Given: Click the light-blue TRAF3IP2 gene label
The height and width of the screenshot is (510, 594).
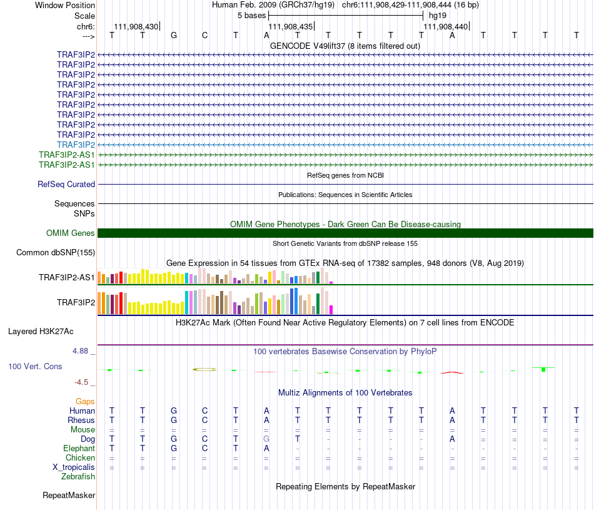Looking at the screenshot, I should [x=76, y=145].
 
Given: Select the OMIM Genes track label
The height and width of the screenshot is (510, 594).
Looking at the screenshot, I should [x=71, y=233].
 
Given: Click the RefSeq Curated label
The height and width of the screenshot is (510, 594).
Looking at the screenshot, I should [x=66, y=185].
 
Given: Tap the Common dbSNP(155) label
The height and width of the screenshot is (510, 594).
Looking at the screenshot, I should [x=56, y=253].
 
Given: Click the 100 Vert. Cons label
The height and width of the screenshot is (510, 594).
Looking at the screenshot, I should [x=35, y=366].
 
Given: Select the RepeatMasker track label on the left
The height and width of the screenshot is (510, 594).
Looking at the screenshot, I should [x=69, y=496].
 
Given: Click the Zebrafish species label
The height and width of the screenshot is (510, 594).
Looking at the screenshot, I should [x=78, y=477].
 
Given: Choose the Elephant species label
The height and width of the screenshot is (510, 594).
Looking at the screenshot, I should [x=79, y=449].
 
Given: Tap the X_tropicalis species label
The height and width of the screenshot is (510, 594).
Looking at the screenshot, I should [x=74, y=467].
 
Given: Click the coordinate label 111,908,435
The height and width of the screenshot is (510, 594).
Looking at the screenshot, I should [x=290, y=27].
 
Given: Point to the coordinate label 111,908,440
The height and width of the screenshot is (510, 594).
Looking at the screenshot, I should [x=445, y=27].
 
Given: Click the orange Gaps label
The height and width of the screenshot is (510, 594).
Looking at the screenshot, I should [x=85, y=401].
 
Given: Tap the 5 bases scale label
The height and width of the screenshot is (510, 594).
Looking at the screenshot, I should [x=251, y=15].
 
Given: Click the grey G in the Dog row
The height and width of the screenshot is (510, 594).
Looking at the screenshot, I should [x=266, y=439].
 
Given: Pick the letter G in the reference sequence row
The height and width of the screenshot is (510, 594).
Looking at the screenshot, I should [x=174, y=35].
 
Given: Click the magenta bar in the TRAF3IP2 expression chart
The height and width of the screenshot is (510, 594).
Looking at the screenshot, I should [x=331, y=309].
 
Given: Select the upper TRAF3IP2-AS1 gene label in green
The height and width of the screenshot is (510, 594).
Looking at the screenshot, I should [x=66, y=155].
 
